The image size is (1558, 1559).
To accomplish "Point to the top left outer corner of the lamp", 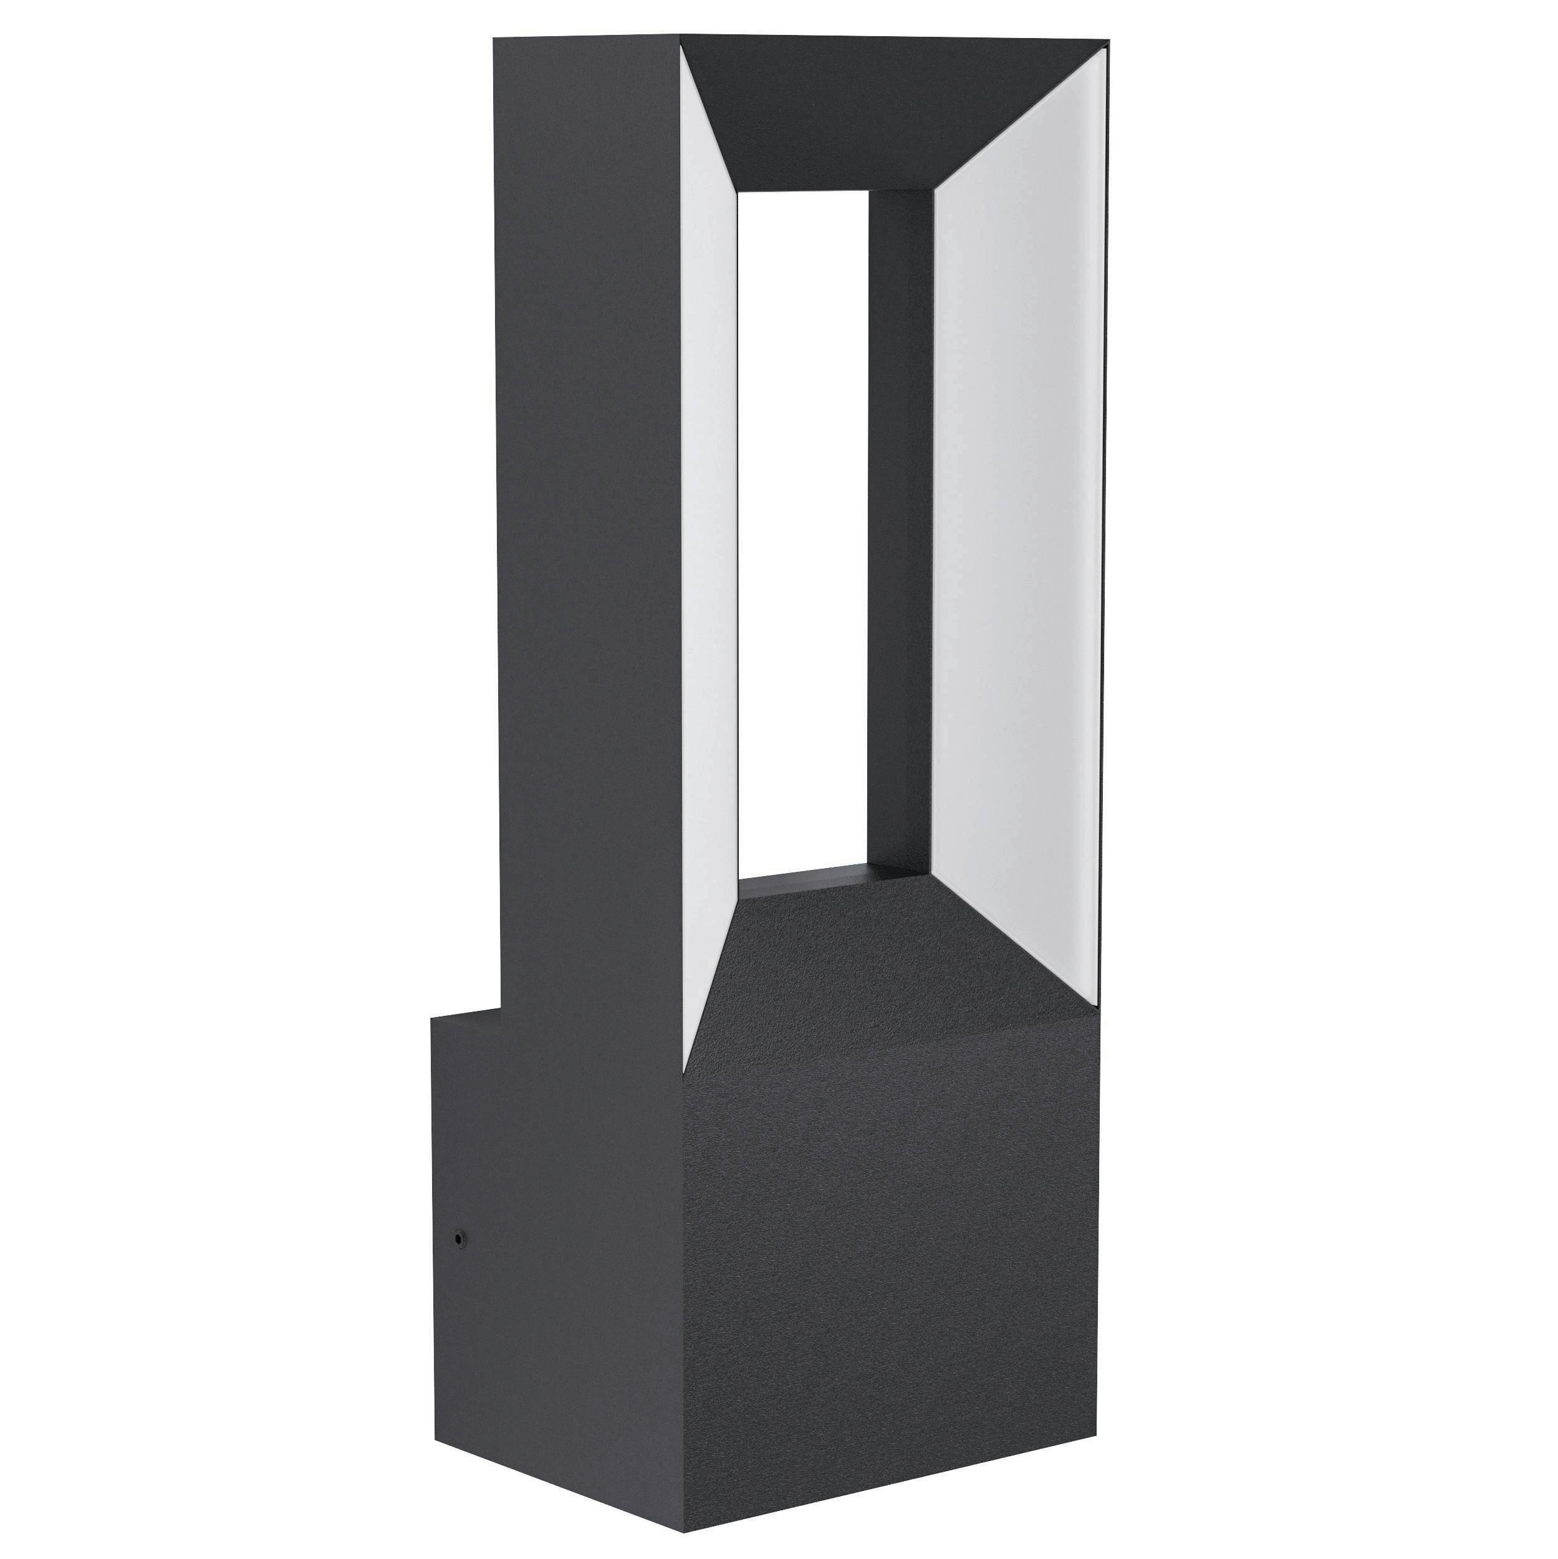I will [494, 36].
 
